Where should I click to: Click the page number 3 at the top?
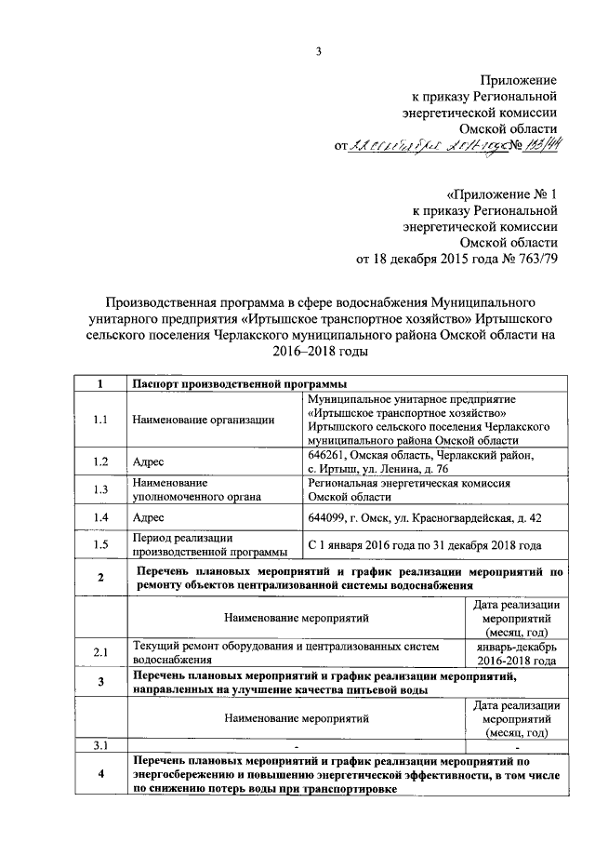tap(318, 51)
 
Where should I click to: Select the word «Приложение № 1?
tap(502, 194)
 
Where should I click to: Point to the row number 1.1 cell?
tap(100, 419)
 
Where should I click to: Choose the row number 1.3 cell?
tap(100, 490)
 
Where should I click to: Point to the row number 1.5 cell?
tap(100, 545)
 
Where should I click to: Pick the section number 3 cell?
tap(100, 683)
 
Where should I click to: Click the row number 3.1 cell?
tap(100, 745)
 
